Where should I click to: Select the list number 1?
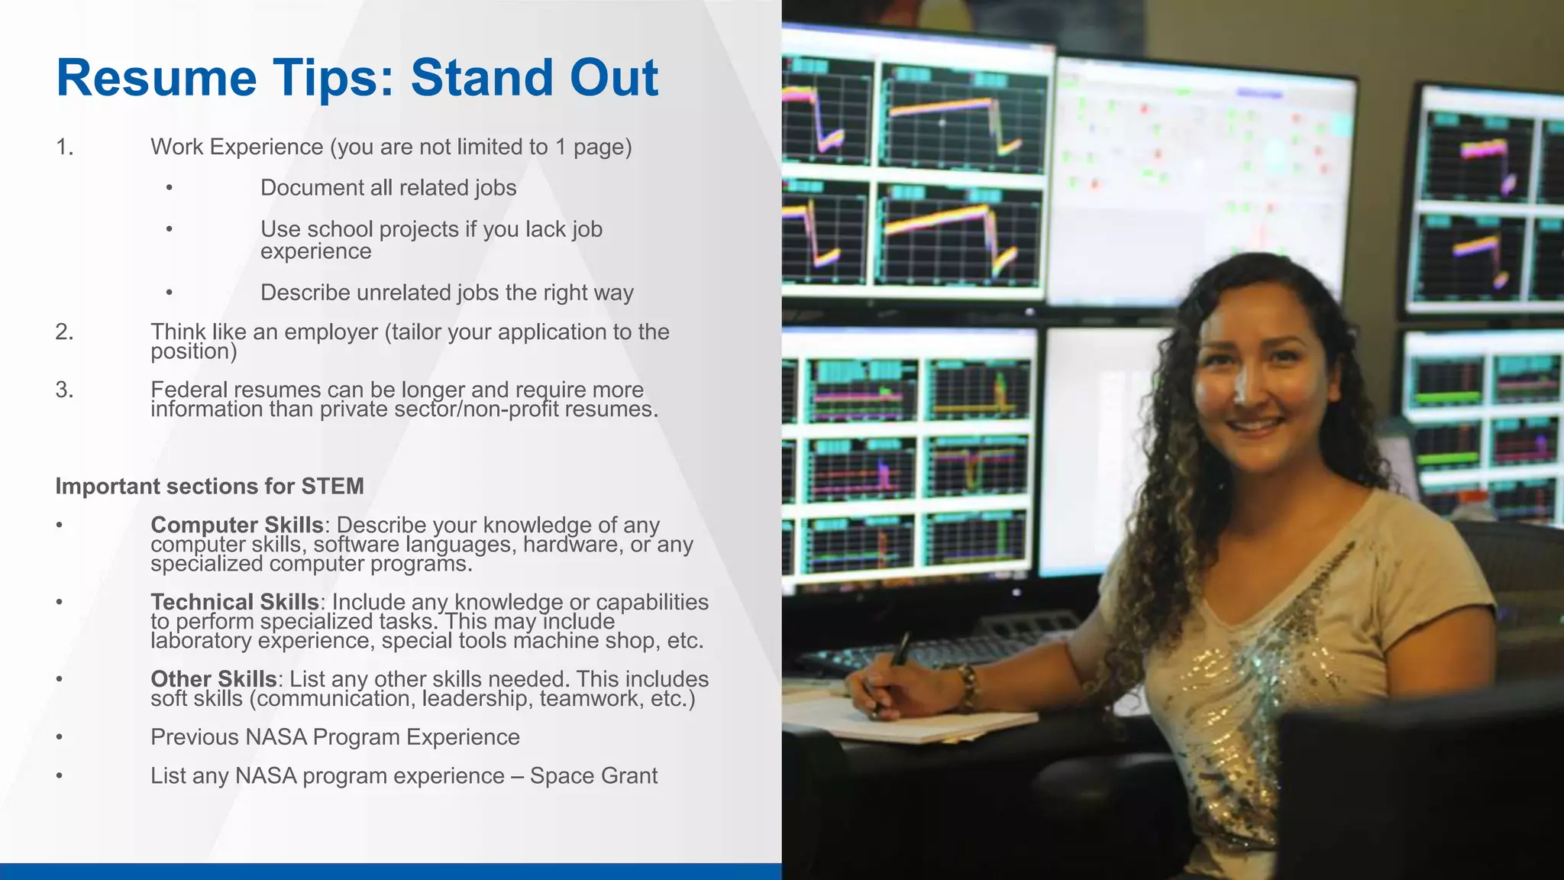[64, 147]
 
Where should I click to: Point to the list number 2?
[64, 332]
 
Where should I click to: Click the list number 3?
[64, 390]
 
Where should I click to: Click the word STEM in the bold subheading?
[332, 486]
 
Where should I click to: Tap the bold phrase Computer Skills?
[237, 525]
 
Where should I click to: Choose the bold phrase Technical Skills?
[234, 602]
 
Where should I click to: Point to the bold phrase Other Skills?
[213, 679]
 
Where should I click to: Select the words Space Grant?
[593, 776]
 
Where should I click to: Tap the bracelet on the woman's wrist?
[968, 686]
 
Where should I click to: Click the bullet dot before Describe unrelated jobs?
[169, 293]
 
